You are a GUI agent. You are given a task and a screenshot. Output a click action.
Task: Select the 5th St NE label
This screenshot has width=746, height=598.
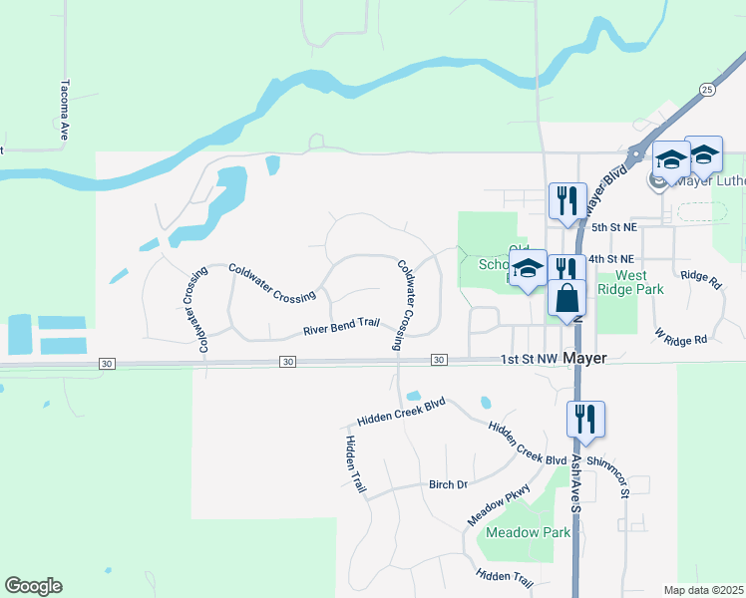(612, 228)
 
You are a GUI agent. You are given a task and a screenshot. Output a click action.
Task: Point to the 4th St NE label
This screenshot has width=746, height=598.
(611, 259)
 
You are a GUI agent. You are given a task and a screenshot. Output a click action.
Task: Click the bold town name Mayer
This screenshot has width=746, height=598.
(584, 358)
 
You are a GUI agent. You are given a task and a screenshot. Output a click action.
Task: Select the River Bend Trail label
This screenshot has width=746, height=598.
(342, 327)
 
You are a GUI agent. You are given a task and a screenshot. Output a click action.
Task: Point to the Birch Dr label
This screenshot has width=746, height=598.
(448, 484)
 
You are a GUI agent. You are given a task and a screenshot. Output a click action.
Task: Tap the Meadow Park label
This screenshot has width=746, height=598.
(529, 532)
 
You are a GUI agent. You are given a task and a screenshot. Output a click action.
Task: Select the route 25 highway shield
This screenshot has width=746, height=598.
(707, 90)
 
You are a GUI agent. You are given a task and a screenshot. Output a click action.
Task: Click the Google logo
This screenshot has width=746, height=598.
(33, 586)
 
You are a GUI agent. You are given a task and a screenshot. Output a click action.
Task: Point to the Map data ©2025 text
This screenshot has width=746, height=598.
(703, 590)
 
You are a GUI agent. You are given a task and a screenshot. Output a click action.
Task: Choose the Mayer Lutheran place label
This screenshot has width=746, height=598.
(710, 181)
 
